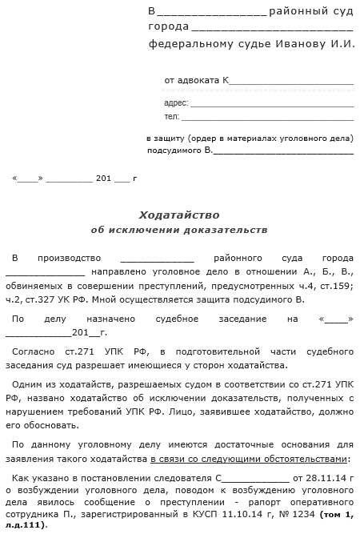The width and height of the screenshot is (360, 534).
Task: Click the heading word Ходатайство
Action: (x=178, y=215)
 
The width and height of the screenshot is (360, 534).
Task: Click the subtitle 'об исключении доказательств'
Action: (x=178, y=230)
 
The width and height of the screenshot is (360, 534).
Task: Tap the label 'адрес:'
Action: (x=175, y=102)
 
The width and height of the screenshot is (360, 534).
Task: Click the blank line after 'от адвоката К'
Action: (x=291, y=82)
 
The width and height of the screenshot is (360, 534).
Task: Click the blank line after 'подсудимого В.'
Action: (x=284, y=151)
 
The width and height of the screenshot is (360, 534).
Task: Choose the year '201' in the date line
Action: (x=103, y=178)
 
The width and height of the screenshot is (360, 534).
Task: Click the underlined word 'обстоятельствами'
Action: (x=305, y=459)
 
